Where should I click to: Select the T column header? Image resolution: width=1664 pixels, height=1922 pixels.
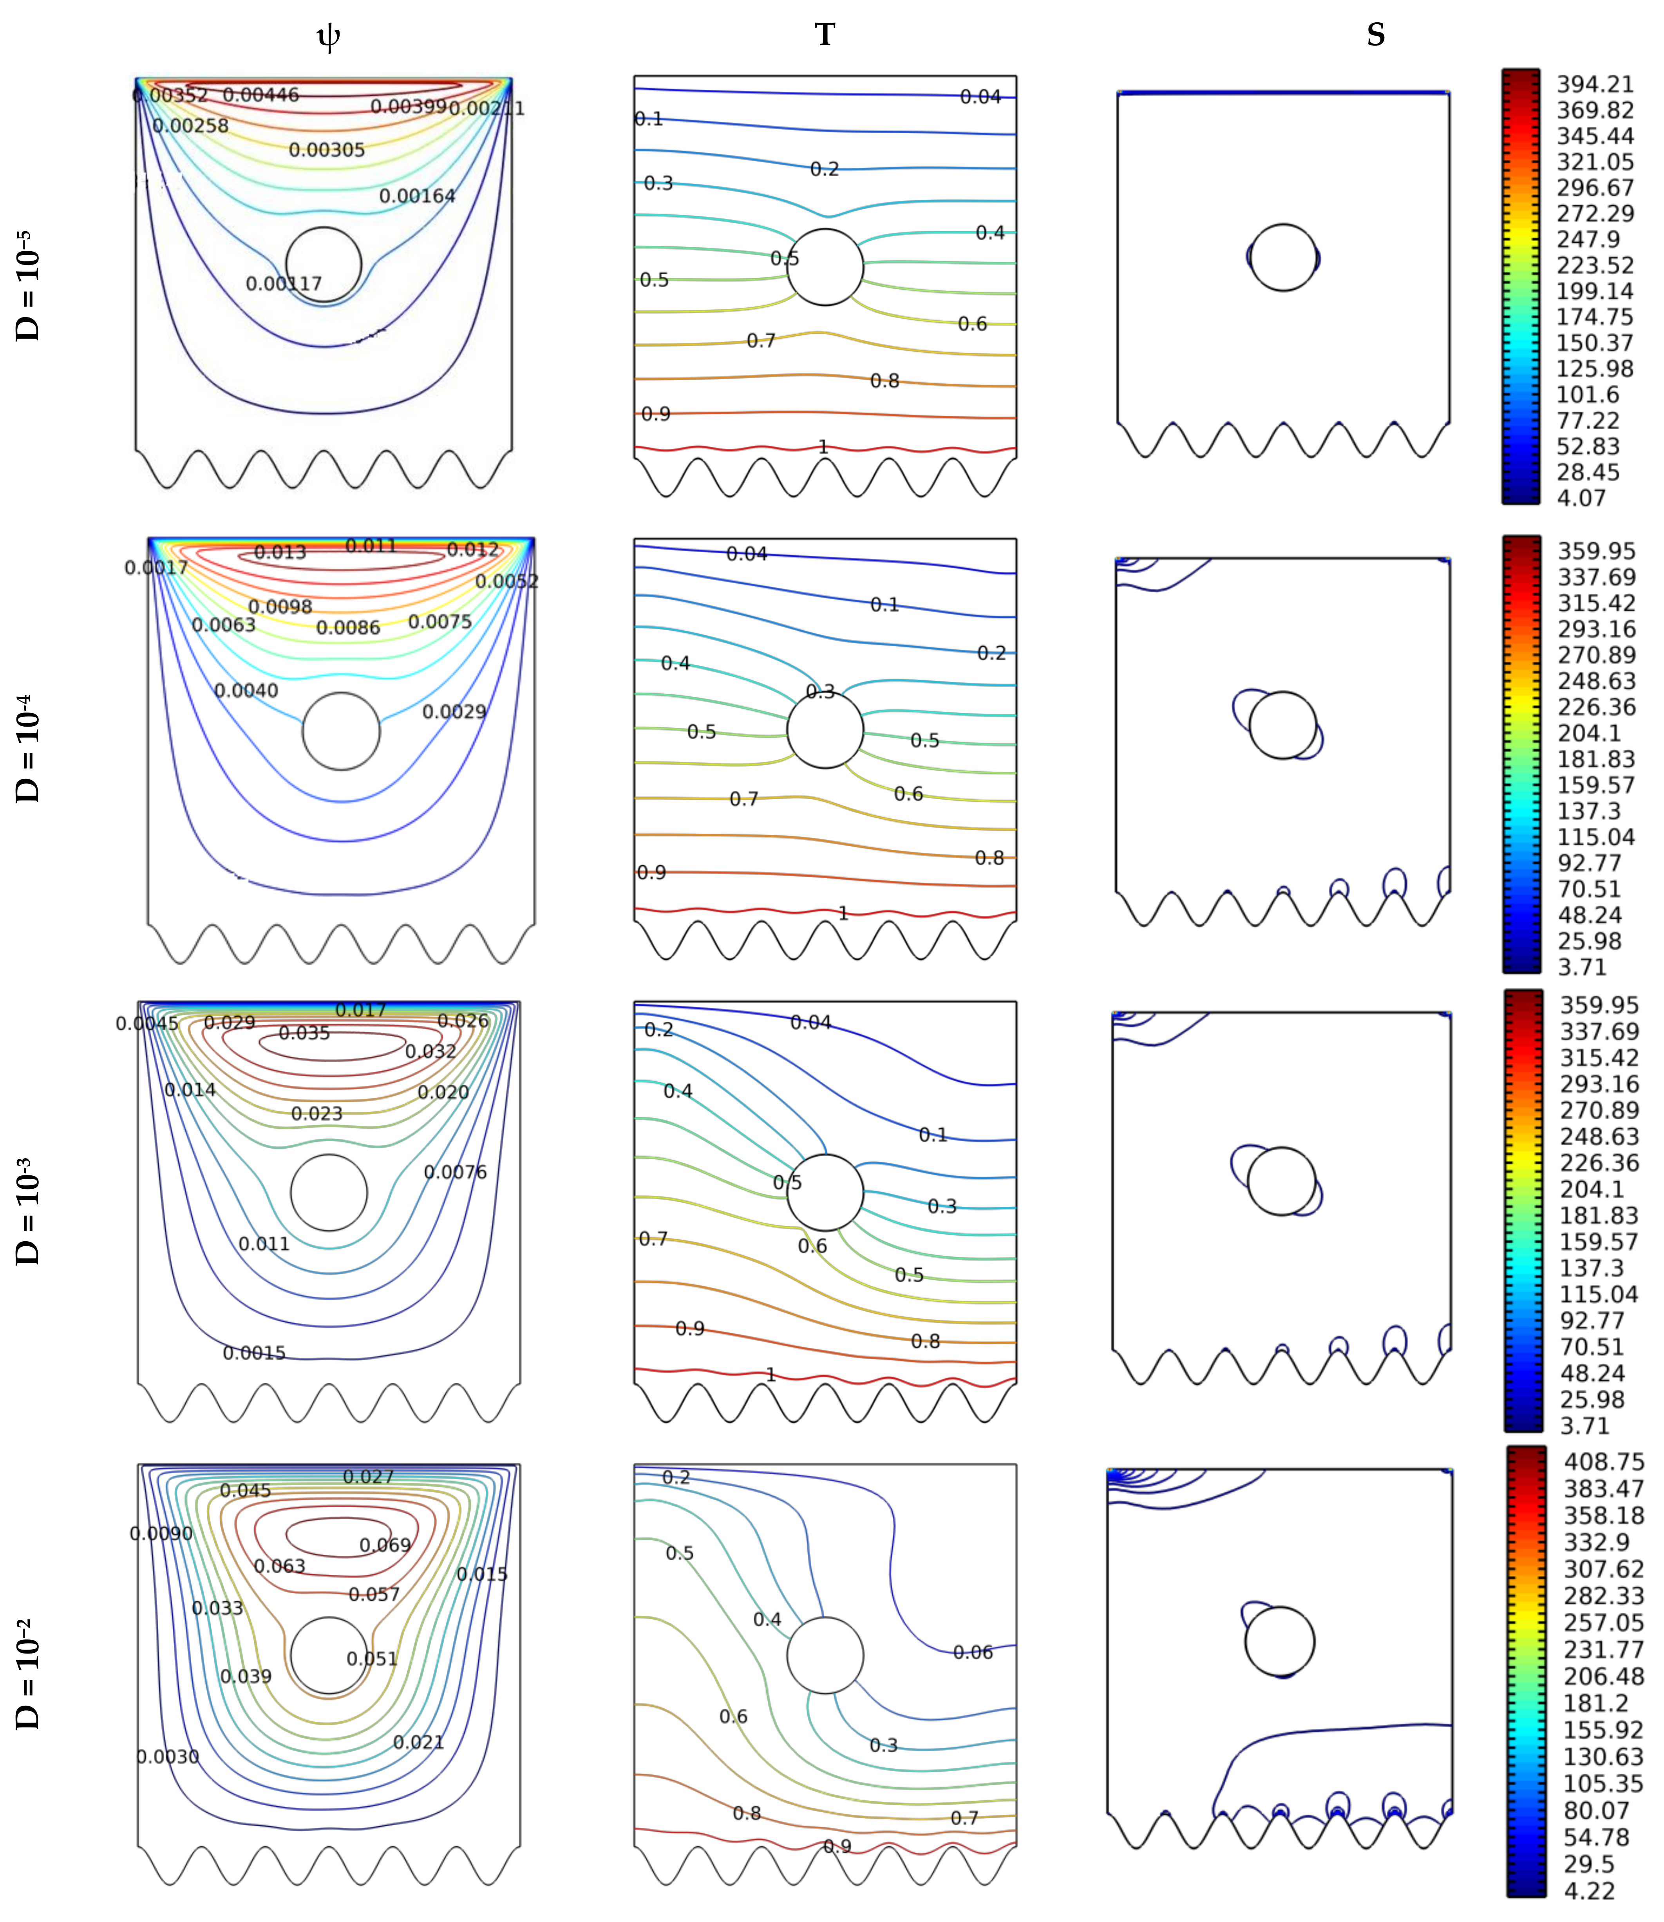point(825,34)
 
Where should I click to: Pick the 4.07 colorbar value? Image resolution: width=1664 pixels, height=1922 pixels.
point(1581,498)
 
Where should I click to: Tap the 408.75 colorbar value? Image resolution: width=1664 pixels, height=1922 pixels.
point(1604,1461)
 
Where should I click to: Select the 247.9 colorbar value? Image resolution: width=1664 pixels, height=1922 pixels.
point(1588,240)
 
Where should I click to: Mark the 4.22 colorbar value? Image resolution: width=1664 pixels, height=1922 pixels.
point(1589,1890)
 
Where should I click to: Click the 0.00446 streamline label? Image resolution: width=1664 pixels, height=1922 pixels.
point(261,95)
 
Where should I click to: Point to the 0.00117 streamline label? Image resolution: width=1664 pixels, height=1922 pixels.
point(283,283)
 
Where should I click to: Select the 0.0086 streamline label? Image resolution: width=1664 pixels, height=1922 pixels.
point(348,628)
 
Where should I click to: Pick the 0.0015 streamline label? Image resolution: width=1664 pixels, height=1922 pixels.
point(253,1353)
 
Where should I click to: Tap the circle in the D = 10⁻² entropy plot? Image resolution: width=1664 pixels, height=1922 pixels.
point(1280,1641)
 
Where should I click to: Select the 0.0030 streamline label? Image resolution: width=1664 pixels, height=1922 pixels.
point(167,1757)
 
